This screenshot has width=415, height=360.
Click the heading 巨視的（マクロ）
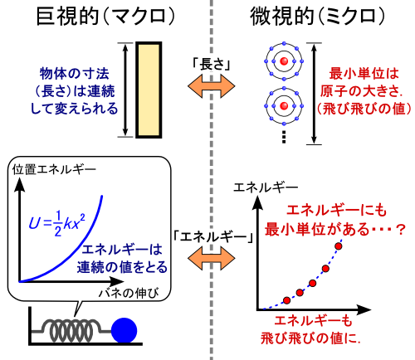[105, 16]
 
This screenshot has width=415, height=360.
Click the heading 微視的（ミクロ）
[317, 16]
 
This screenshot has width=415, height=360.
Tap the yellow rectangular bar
[149, 90]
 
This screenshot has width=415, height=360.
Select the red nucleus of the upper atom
[284, 61]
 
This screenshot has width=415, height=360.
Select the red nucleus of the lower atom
[284, 105]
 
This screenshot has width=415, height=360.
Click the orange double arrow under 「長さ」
[212, 86]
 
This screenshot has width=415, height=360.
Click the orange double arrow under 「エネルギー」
[212, 258]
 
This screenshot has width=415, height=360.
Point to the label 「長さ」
[212, 64]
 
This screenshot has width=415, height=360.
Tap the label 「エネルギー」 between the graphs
[212, 236]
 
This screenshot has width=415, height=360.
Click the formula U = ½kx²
[57, 223]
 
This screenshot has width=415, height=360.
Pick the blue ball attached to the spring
[124, 331]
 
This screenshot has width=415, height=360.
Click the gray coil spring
[71, 330]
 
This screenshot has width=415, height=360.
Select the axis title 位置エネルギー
[54, 169]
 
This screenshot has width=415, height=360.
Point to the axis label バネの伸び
[129, 293]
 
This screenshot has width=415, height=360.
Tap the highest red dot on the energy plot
[339, 246]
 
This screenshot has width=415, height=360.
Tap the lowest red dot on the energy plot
[287, 300]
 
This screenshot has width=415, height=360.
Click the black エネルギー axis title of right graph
[266, 187]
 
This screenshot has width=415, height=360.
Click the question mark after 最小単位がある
[401, 230]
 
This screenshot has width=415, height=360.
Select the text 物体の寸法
[75, 74]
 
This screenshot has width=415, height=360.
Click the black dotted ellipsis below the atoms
[284, 137]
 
